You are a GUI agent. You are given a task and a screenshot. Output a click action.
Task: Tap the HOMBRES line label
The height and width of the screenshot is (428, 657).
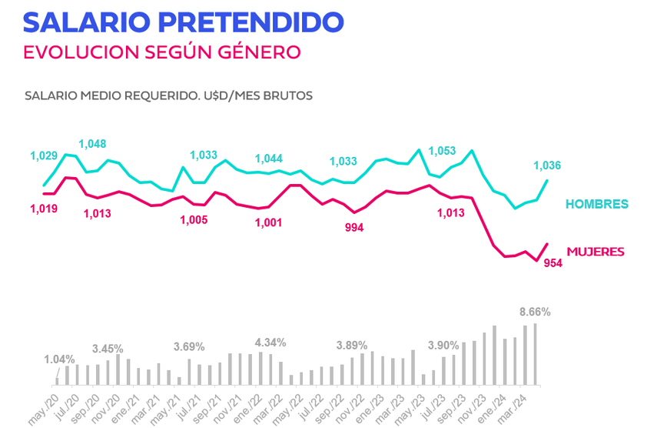coord(597,204)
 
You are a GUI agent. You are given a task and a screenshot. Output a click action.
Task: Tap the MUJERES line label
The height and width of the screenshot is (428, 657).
coord(595,252)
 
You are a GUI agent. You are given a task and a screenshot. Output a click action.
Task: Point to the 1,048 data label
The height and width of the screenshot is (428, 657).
coord(92,143)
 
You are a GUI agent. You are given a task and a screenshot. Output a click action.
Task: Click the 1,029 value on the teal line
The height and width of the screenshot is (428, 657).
coord(44,156)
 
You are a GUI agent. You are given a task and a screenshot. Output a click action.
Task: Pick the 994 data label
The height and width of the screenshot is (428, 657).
coord(353,227)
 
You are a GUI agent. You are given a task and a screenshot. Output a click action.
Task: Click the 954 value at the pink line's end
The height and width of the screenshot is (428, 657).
coord(553,263)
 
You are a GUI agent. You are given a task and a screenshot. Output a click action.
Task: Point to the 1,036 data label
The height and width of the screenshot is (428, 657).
coord(547,165)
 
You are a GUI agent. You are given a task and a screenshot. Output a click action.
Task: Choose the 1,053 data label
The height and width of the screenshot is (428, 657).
coord(443,150)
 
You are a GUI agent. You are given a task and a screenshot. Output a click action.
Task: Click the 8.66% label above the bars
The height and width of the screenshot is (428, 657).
coord(535,312)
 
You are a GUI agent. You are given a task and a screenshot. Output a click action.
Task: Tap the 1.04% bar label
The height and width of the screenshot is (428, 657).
coord(59,359)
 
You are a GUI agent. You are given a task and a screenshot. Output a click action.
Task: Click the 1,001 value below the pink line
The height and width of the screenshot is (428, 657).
coord(269,222)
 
